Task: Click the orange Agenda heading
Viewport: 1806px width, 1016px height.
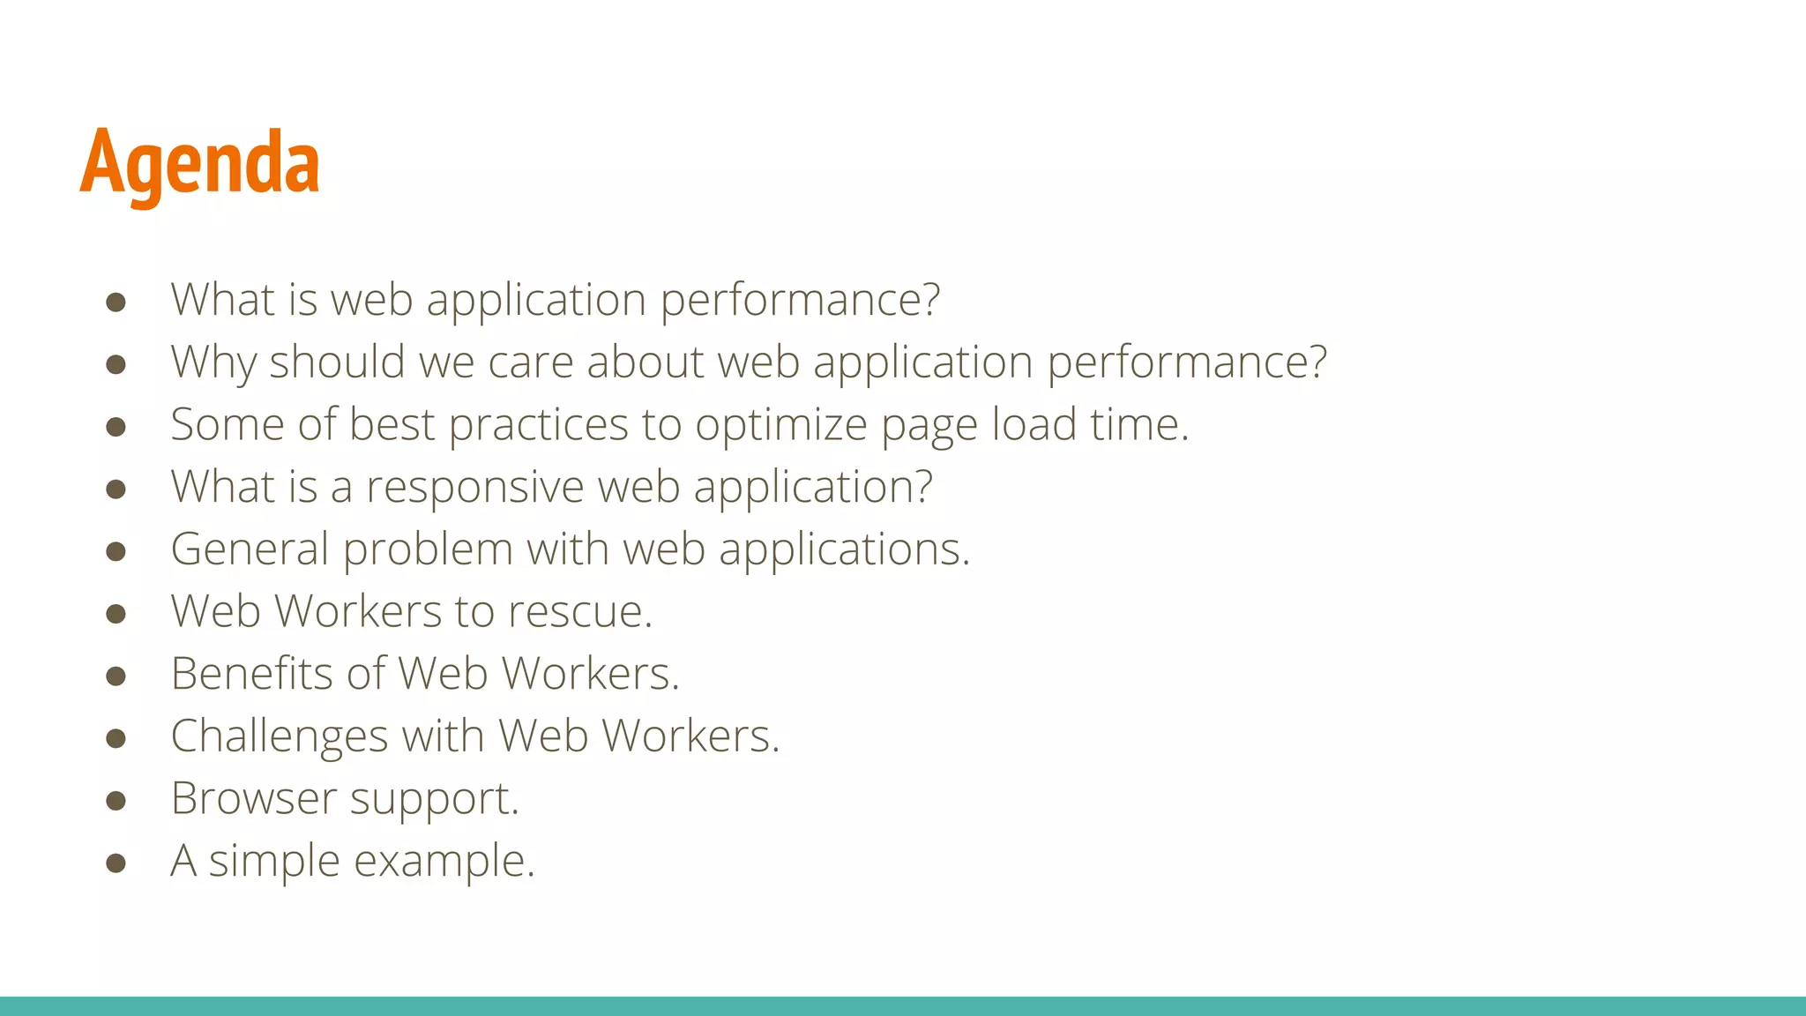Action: [200, 162]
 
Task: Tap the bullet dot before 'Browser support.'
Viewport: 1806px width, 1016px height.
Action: [116, 800]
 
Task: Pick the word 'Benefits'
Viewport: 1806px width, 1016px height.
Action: [252, 674]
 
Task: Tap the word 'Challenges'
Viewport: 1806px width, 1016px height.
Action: [280, 736]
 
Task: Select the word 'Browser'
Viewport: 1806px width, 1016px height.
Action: [253, 798]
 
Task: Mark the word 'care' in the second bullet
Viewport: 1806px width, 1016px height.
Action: [531, 362]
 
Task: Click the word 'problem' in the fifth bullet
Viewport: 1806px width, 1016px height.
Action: [428, 550]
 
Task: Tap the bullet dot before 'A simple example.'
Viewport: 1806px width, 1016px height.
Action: [116, 863]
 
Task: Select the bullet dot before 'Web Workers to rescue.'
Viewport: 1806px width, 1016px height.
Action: [116, 613]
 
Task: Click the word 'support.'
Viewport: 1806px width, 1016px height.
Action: [435, 800]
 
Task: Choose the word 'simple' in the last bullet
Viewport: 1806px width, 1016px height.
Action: [274, 862]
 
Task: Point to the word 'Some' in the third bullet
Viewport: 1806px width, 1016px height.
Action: [227, 424]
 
